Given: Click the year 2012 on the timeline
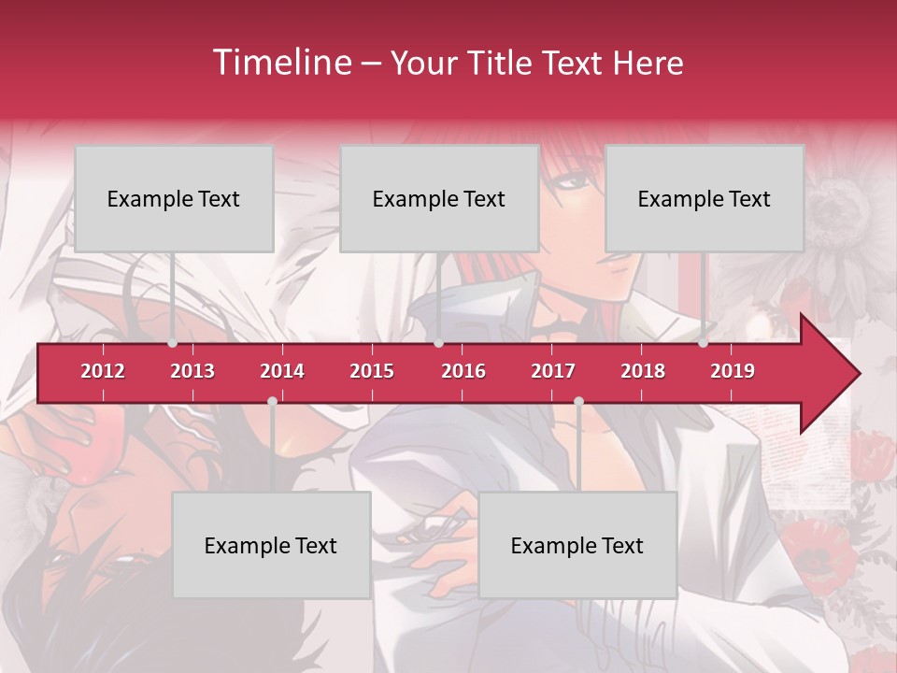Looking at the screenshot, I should tap(103, 371).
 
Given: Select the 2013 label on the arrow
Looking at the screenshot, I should tap(192, 371).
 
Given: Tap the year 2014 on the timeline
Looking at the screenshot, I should tap(282, 371).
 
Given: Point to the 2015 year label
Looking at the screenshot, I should tap(372, 371).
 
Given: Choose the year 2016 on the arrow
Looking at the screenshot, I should tap(463, 371).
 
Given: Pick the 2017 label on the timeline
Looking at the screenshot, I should tap(553, 371).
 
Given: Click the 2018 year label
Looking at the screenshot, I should tap(643, 371).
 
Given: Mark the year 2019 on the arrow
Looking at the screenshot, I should tap(733, 371).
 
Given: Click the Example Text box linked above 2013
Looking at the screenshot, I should tap(174, 198).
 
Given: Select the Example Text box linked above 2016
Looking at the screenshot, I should tap(439, 198).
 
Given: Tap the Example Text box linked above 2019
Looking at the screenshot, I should tap(705, 198).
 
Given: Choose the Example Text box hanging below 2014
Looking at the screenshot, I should tap(271, 545).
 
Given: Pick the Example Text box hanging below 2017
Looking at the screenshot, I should tap(577, 545).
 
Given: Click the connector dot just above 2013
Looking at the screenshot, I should tap(173, 343).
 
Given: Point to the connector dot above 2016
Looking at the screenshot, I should tap(438, 343).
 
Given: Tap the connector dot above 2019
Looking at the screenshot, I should tap(704, 343).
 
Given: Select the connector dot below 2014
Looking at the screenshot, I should tap(272, 401).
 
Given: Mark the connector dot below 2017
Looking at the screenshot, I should tap(578, 401).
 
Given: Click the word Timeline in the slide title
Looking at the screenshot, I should tap(281, 63).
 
